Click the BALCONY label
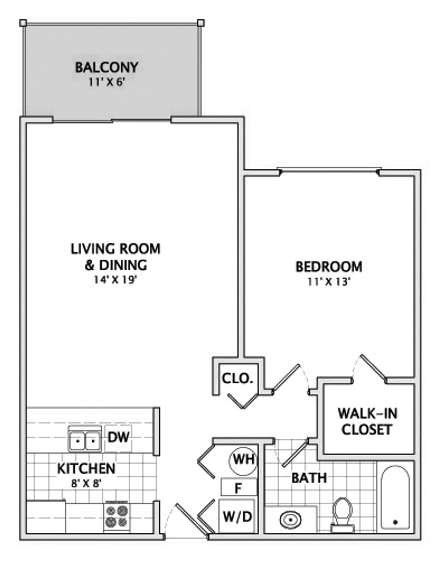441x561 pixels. [107, 67]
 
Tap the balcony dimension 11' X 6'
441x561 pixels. [107, 82]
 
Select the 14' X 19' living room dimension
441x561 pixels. [115, 280]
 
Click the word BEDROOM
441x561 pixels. [329, 267]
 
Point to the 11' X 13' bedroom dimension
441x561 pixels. [329, 282]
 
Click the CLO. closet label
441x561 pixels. [237, 378]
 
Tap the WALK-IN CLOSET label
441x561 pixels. [367, 422]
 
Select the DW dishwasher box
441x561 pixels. [118, 437]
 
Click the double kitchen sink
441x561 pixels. [85, 439]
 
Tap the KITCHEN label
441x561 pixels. [86, 469]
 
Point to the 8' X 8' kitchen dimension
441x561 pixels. [86, 484]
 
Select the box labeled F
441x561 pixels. [239, 487]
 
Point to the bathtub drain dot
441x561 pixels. [396, 522]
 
